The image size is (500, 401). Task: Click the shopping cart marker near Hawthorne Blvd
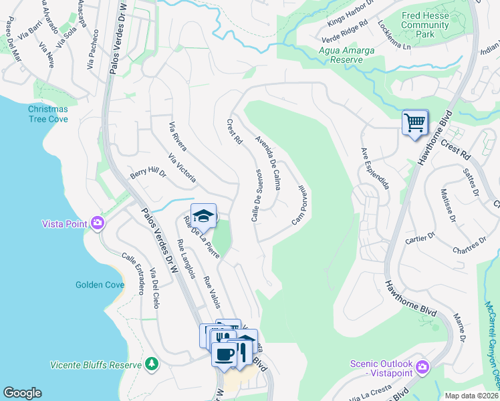click(414, 123)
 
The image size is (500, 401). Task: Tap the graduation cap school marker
click(203, 217)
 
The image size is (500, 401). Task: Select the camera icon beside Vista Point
click(99, 223)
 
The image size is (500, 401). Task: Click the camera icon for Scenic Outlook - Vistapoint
click(422, 367)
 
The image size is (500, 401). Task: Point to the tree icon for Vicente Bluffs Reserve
click(152, 364)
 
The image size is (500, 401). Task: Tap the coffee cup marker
click(224, 352)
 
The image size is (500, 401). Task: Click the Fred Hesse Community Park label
click(425, 25)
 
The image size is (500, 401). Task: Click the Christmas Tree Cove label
click(47, 114)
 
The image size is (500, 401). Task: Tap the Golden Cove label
click(100, 285)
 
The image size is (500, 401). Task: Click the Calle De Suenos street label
click(256, 195)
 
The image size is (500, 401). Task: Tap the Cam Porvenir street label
click(299, 205)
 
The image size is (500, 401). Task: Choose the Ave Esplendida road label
click(374, 168)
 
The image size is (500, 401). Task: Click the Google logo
click(22, 393)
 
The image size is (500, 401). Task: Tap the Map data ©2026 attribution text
click(471, 396)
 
